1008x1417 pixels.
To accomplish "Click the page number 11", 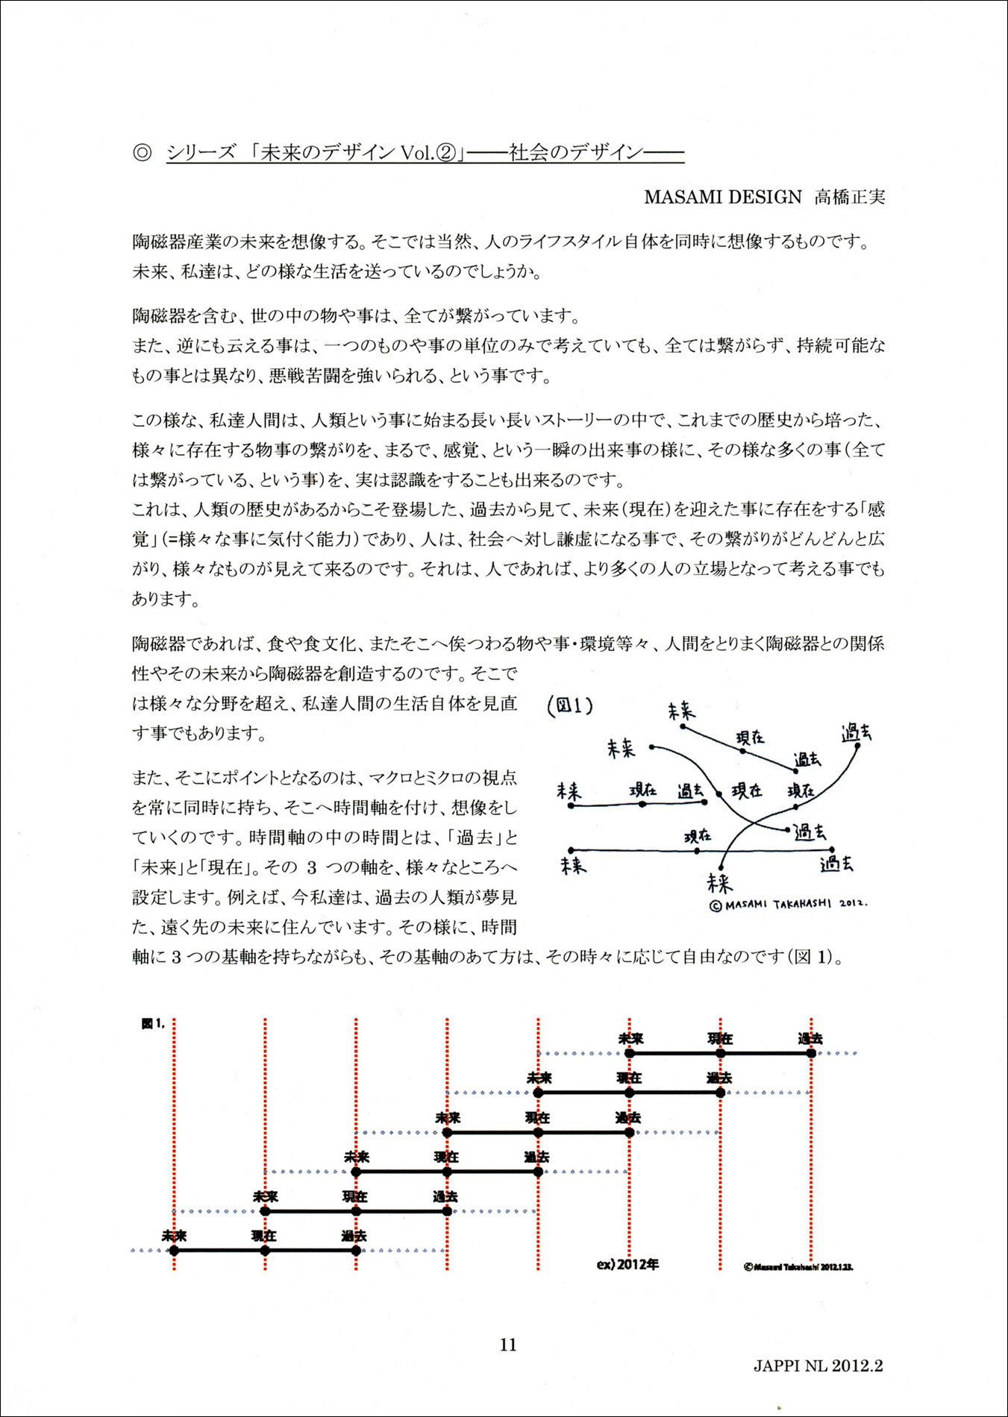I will (x=508, y=1345).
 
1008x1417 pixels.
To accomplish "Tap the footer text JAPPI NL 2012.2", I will (x=818, y=1366).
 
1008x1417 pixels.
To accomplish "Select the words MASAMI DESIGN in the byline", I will (x=722, y=197).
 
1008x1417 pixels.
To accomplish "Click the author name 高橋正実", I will (x=849, y=197).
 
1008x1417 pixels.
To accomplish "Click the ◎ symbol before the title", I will (x=142, y=153).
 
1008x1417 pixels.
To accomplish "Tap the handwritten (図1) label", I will (x=570, y=705).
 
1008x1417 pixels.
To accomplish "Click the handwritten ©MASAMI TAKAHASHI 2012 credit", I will (x=788, y=904).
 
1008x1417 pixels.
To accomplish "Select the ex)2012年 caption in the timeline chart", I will (x=627, y=1265).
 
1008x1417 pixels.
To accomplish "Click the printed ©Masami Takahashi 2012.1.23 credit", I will (x=798, y=1267).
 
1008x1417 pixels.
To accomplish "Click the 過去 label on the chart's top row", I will (x=810, y=1038).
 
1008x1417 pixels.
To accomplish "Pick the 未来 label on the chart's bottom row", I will (x=174, y=1236).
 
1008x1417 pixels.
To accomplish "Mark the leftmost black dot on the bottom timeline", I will (x=174, y=1251).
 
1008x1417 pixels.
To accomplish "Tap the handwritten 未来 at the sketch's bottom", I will (x=720, y=883).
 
